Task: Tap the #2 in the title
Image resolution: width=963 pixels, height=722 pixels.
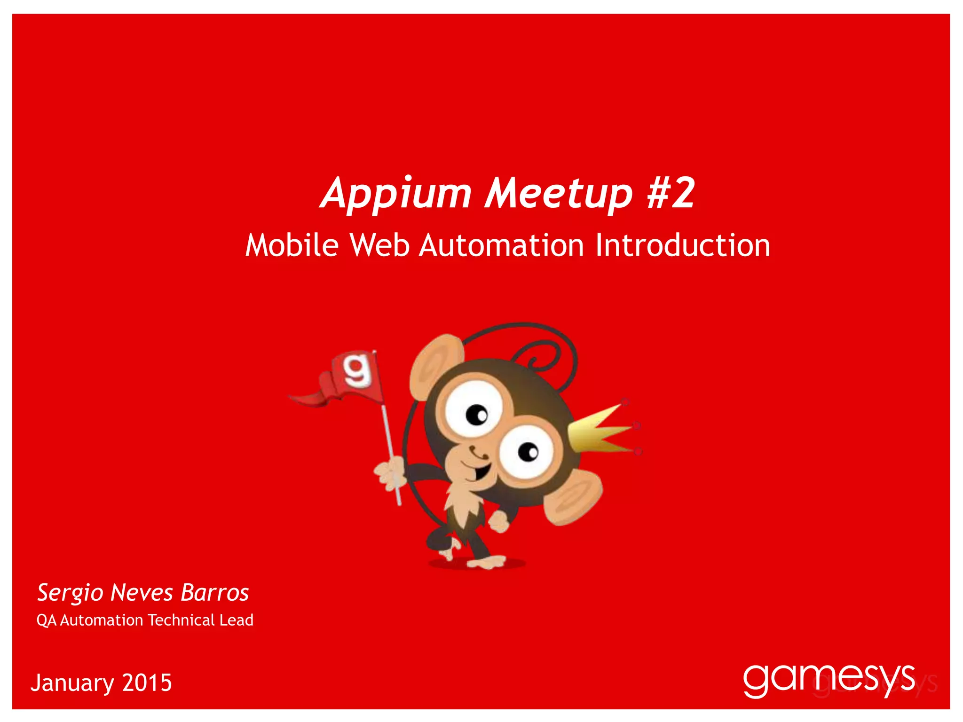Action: (671, 193)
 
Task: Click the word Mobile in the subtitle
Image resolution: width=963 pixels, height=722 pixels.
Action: (292, 245)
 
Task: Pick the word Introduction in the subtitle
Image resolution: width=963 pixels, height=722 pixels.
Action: (683, 245)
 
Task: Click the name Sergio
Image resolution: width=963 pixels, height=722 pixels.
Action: (70, 593)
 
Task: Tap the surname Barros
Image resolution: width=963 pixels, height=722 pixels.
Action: (215, 593)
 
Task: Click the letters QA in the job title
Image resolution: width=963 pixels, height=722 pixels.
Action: (47, 620)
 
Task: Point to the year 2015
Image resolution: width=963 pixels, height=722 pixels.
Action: (147, 683)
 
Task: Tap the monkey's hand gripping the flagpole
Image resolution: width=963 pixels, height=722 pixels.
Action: (390, 474)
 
